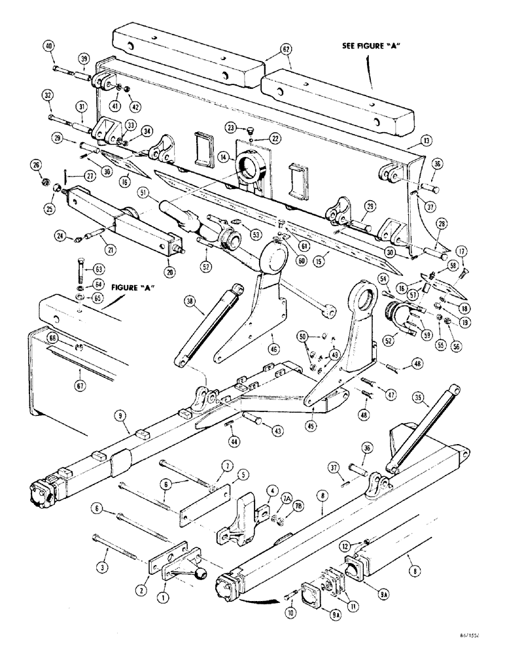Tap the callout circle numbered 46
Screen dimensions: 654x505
click(271, 340)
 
